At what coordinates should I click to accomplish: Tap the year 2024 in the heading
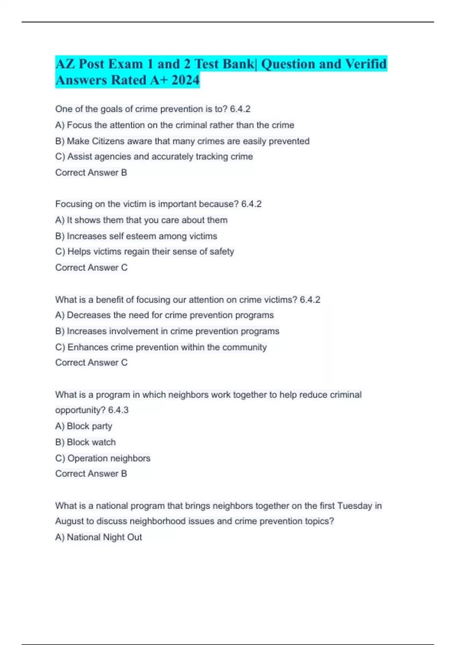coord(185,80)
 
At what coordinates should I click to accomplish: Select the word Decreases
coord(89,315)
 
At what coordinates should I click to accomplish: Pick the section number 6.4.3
coord(118,410)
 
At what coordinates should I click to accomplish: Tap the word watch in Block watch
coord(103,442)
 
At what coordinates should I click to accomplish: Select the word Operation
coord(87,458)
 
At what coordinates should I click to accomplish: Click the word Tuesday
coord(355,506)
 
